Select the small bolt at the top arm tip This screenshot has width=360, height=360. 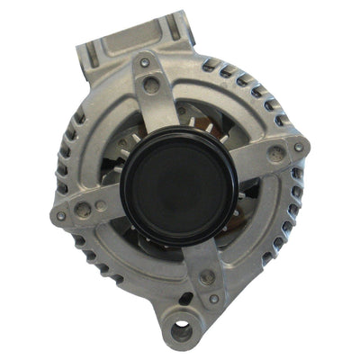145,63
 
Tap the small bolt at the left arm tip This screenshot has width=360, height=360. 61,216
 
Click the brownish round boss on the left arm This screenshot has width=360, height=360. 84,209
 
